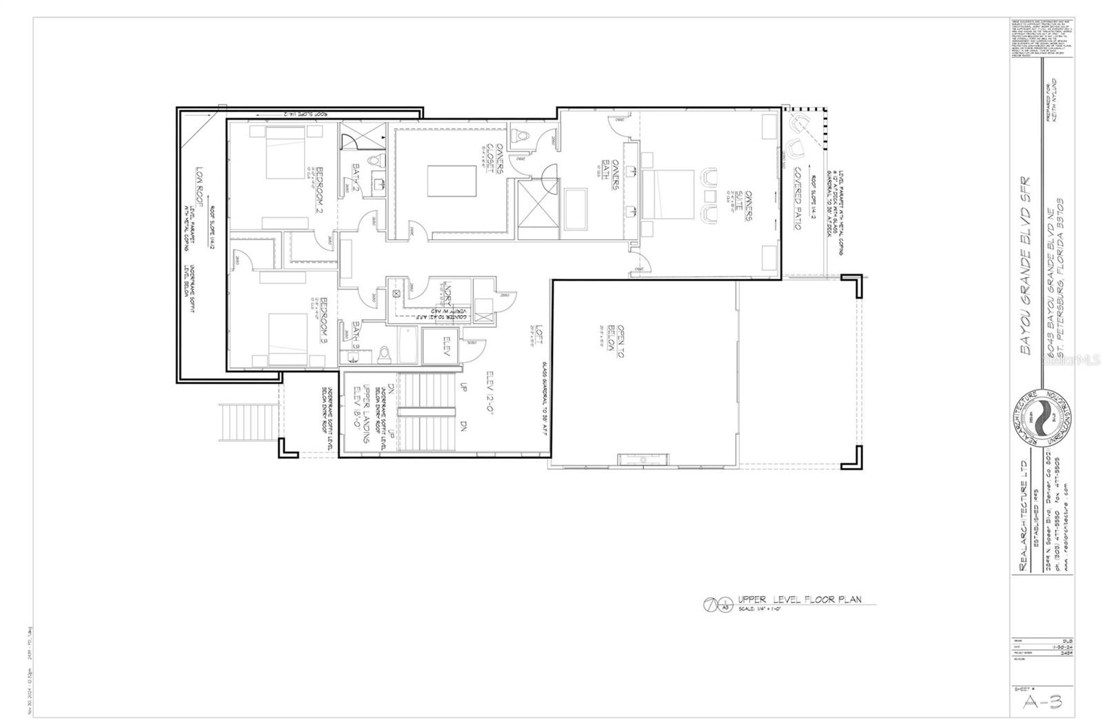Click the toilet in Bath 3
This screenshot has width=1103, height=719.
point(385,354)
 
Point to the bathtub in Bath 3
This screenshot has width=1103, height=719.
point(405,345)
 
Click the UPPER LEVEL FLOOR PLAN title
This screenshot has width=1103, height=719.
point(799,600)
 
